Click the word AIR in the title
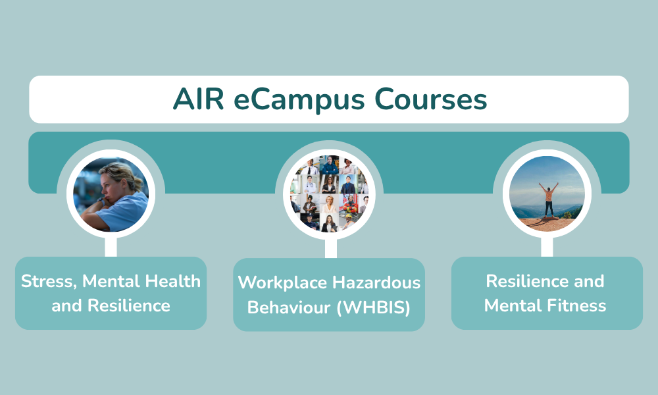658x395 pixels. (x=198, y=99)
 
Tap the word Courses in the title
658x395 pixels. (x=430, y=99)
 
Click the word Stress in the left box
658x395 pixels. (x=49, y=282)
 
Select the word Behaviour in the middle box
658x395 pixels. (x=289, y=307)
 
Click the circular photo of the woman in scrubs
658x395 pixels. (x=111, y=194)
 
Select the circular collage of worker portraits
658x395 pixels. (x=329, y=194)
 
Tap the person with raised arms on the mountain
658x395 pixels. (x=549, y=199)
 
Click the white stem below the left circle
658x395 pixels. (x=111, y=247)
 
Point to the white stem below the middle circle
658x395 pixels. (x=331, y=248)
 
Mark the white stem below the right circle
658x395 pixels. (x=547, y=247)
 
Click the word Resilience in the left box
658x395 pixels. (x=129, y=305)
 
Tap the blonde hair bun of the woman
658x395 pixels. (x=136, y=182)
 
